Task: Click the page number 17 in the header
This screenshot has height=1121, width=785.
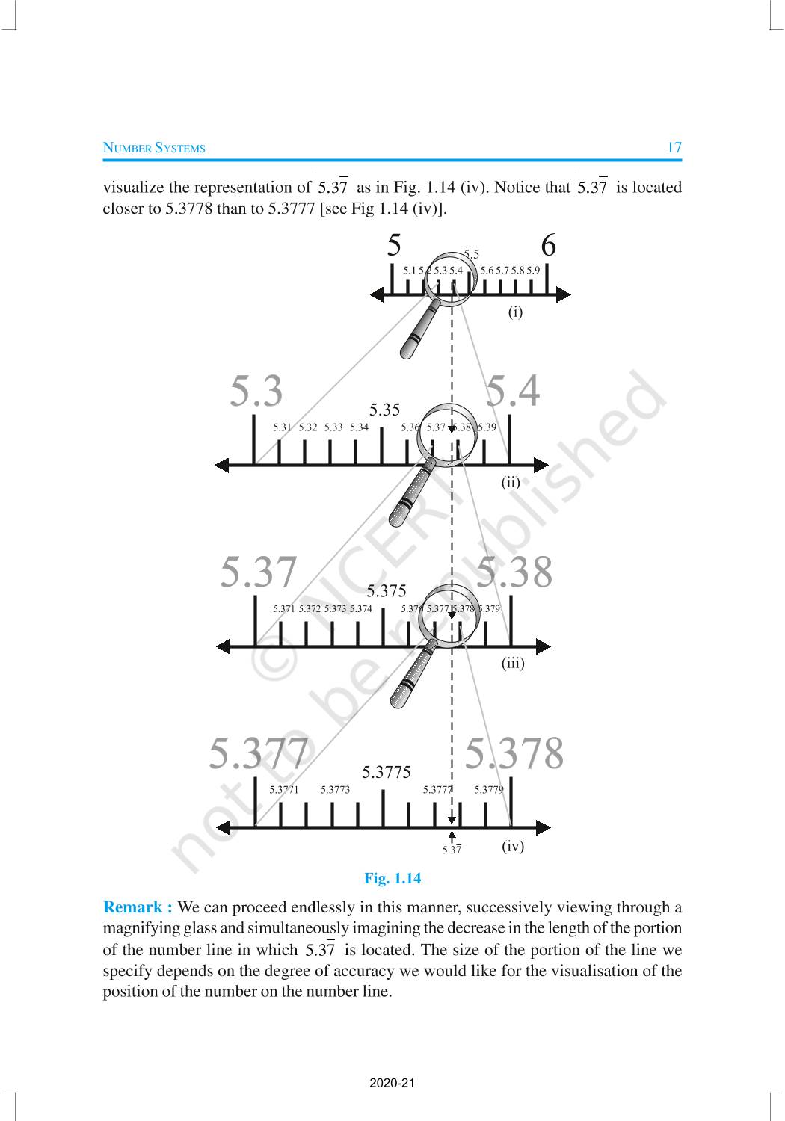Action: coord(674,147)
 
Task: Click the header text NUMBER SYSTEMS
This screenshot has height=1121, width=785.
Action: coord(153,148)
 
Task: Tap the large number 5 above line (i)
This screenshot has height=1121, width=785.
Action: coord(394,246)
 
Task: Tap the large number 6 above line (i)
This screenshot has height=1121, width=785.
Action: coord(548,246)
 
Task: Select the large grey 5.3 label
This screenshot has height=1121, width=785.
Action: coord(256,391)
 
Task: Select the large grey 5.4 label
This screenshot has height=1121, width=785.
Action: coord(513,391)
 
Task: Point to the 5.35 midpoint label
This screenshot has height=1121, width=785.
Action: coord(384,410)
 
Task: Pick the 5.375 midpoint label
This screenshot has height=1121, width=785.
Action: coord(386,591)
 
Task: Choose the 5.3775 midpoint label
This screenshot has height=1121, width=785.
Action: coord(386,772)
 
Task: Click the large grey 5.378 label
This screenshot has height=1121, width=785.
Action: coord(514,753)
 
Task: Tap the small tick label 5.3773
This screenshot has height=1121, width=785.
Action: coord(335,789)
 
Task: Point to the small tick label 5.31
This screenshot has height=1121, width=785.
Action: coord(282,427)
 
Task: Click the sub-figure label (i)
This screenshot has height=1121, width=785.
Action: coord(515,312)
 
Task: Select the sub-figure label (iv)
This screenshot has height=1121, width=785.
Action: coord(512,846)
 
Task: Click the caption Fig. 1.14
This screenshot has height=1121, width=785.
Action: coord(392,878)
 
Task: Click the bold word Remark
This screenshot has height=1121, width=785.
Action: coord(137,907)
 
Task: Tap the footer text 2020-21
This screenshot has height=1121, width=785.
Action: coord(392,1083)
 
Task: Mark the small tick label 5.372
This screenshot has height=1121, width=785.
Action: coord(310,609)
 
